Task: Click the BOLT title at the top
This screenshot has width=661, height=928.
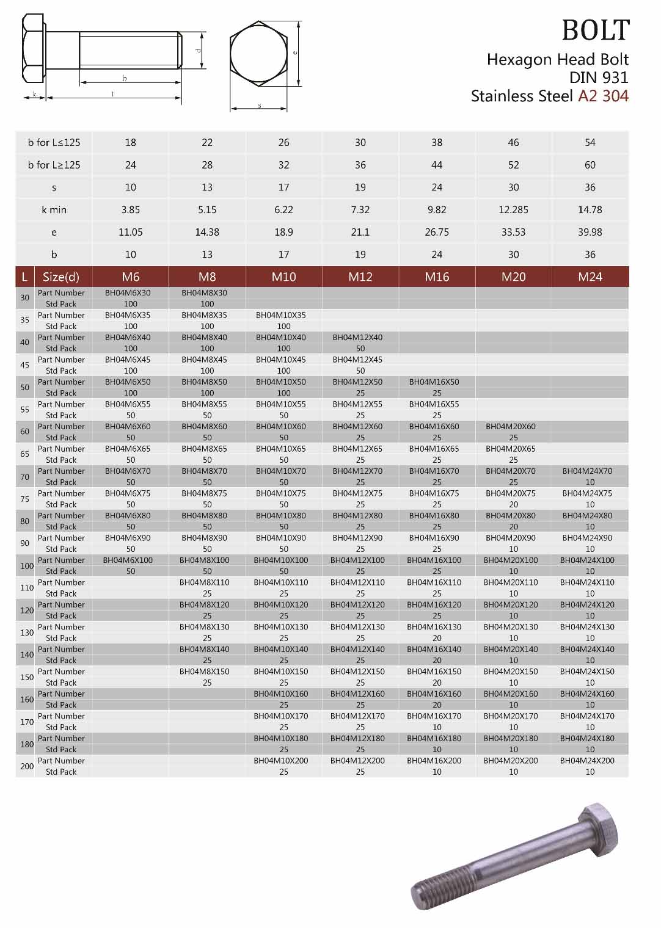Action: click(x=595, y=30)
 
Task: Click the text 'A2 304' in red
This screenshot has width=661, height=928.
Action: click(x=603, y=96)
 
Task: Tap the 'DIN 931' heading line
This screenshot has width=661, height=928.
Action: click(x=598, y=78)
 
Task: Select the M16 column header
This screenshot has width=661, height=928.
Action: click(x=437, y=277)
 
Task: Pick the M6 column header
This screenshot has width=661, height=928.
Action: click(x=131, y=277)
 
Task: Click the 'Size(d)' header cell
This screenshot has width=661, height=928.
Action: click(x=61, y=277)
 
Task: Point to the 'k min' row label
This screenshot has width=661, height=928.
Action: click(x=54, y=209)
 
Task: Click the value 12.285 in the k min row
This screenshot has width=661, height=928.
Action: click(x=513, y=209)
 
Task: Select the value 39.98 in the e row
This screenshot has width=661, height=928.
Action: click(x=590, y=232)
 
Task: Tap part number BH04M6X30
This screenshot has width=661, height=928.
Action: click(x=128, y=293)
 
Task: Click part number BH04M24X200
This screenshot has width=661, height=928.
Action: click(x=587, y=761)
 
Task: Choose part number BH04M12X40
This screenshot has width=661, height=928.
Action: click(x=357, y=338)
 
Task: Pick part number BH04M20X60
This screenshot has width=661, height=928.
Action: click(x=510, y=427)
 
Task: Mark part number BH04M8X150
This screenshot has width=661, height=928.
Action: click(x=204, y=672)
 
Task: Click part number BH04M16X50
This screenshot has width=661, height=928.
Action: click(x=434, y=382)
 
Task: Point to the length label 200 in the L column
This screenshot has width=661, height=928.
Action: click(x=27, y=766)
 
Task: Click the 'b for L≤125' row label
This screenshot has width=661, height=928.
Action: click(x=54, y=142)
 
